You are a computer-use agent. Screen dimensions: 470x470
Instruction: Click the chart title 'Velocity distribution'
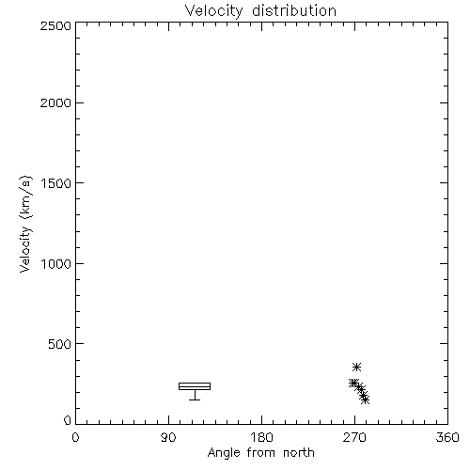coord(260,11)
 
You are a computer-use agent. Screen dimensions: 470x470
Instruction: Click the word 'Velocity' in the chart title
coord(213,11)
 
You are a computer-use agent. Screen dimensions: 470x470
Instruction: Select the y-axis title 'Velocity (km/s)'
coord(25,224)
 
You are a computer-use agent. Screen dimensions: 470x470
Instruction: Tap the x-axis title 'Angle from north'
coord(260,452)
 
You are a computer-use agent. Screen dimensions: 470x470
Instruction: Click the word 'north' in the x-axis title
coord(299,452)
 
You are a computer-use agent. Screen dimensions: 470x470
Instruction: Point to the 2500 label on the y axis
coord(55,25)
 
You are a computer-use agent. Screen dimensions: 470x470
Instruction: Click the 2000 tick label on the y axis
coord(55,102)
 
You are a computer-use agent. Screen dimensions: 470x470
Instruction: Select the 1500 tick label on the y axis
coord(56,183)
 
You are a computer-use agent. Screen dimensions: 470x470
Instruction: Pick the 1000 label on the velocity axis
coord(56,263)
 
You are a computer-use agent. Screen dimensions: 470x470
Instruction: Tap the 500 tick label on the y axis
coord(60,344)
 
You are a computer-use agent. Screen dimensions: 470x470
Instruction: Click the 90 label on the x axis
coord(168,437)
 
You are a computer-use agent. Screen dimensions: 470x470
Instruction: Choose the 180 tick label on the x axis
coord(261,437)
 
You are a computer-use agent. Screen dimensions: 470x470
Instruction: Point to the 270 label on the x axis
coord(354,437)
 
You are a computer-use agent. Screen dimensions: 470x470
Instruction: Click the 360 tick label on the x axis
coord(447,437)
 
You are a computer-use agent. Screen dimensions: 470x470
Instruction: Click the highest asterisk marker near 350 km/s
coord(356,367)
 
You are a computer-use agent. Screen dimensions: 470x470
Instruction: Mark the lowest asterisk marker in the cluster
coord(365,399)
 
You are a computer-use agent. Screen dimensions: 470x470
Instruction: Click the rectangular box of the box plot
coord(195,383)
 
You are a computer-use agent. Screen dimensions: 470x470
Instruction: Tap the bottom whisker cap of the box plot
coord(195,399)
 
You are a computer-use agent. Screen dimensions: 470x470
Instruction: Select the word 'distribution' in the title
coord(294,11)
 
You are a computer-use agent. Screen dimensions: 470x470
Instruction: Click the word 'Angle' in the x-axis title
coord(224,453)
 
